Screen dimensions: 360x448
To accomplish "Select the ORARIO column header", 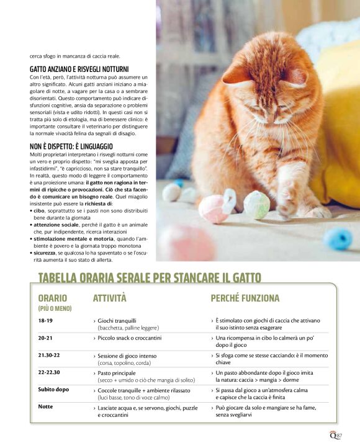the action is pyautogui.click(x=52, y=298).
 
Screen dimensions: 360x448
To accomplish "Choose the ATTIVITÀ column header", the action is pyautogui.click(x=109, y=298).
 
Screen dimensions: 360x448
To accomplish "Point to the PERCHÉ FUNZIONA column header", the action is pyautogui.click(x=245, y=298).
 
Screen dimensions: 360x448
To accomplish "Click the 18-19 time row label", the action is pyautogui.click(x=45, y=321).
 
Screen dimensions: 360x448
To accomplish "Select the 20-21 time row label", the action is pyautogui.click(x=45, y=338).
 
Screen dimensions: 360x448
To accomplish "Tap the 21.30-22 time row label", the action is pyautogui.click(x=49, y=356).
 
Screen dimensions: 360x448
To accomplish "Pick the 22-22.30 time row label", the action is pyautogui.click(x=49, y=372).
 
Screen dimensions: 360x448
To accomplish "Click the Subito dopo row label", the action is pyautogui.click(x=53, y=390).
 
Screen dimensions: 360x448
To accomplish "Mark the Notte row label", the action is pyautogui.click(x=45, y=407).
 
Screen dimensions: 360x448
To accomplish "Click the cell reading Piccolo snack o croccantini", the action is pyautogui.click(x=129, y=338).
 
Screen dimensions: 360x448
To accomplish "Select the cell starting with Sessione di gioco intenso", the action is pyautogui.click(x=130, y=356).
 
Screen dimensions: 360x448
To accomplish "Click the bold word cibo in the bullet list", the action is pyautogui.click(x=40, y=212).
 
